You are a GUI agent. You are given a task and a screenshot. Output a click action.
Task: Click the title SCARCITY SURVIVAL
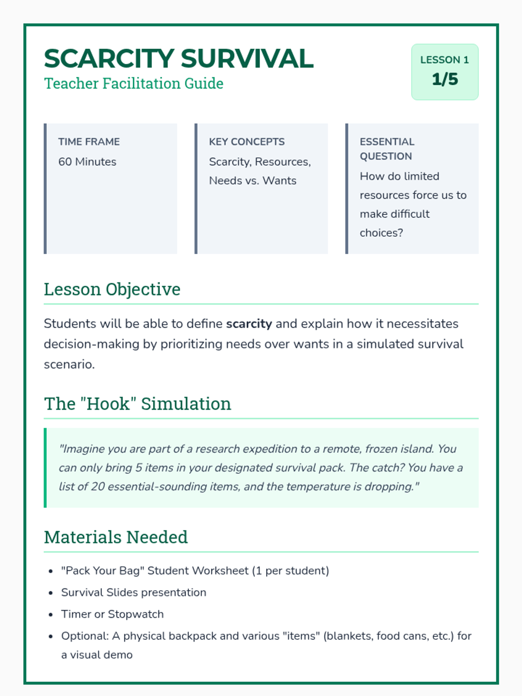[x=178, y=59]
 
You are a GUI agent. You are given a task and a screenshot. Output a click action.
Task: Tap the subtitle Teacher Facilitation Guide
[x=134, y=84]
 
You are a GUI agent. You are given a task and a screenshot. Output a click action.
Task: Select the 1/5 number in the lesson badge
[x=445, y=79]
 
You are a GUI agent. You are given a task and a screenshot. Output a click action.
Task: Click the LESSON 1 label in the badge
[x=445, y=60]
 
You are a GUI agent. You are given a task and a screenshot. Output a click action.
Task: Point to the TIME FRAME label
[x=89, y=142]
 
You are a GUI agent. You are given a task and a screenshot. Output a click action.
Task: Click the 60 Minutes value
[x=87, y=162]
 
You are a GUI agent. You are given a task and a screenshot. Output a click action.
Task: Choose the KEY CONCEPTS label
[x=247, y=142]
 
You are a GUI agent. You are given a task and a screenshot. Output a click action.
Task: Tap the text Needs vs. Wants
[x=252, y=181]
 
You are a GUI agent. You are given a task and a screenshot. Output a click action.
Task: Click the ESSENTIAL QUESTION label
[x=387, y=149]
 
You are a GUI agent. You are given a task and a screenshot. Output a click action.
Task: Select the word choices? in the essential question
[x=381, y=233]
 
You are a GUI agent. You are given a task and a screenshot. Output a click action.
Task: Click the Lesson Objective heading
[x=112, y=289]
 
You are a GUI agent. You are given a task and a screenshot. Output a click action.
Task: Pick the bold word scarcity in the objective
[x=249, y=324]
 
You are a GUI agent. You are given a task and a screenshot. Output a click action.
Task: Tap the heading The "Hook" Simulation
[x=137, y=404]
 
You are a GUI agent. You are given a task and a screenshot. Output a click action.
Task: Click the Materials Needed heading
[x=116, y=537]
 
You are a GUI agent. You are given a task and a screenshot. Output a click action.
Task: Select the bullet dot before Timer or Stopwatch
[x=51, y=615]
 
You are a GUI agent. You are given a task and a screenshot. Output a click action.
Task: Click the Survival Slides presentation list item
[x=134, y=592]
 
